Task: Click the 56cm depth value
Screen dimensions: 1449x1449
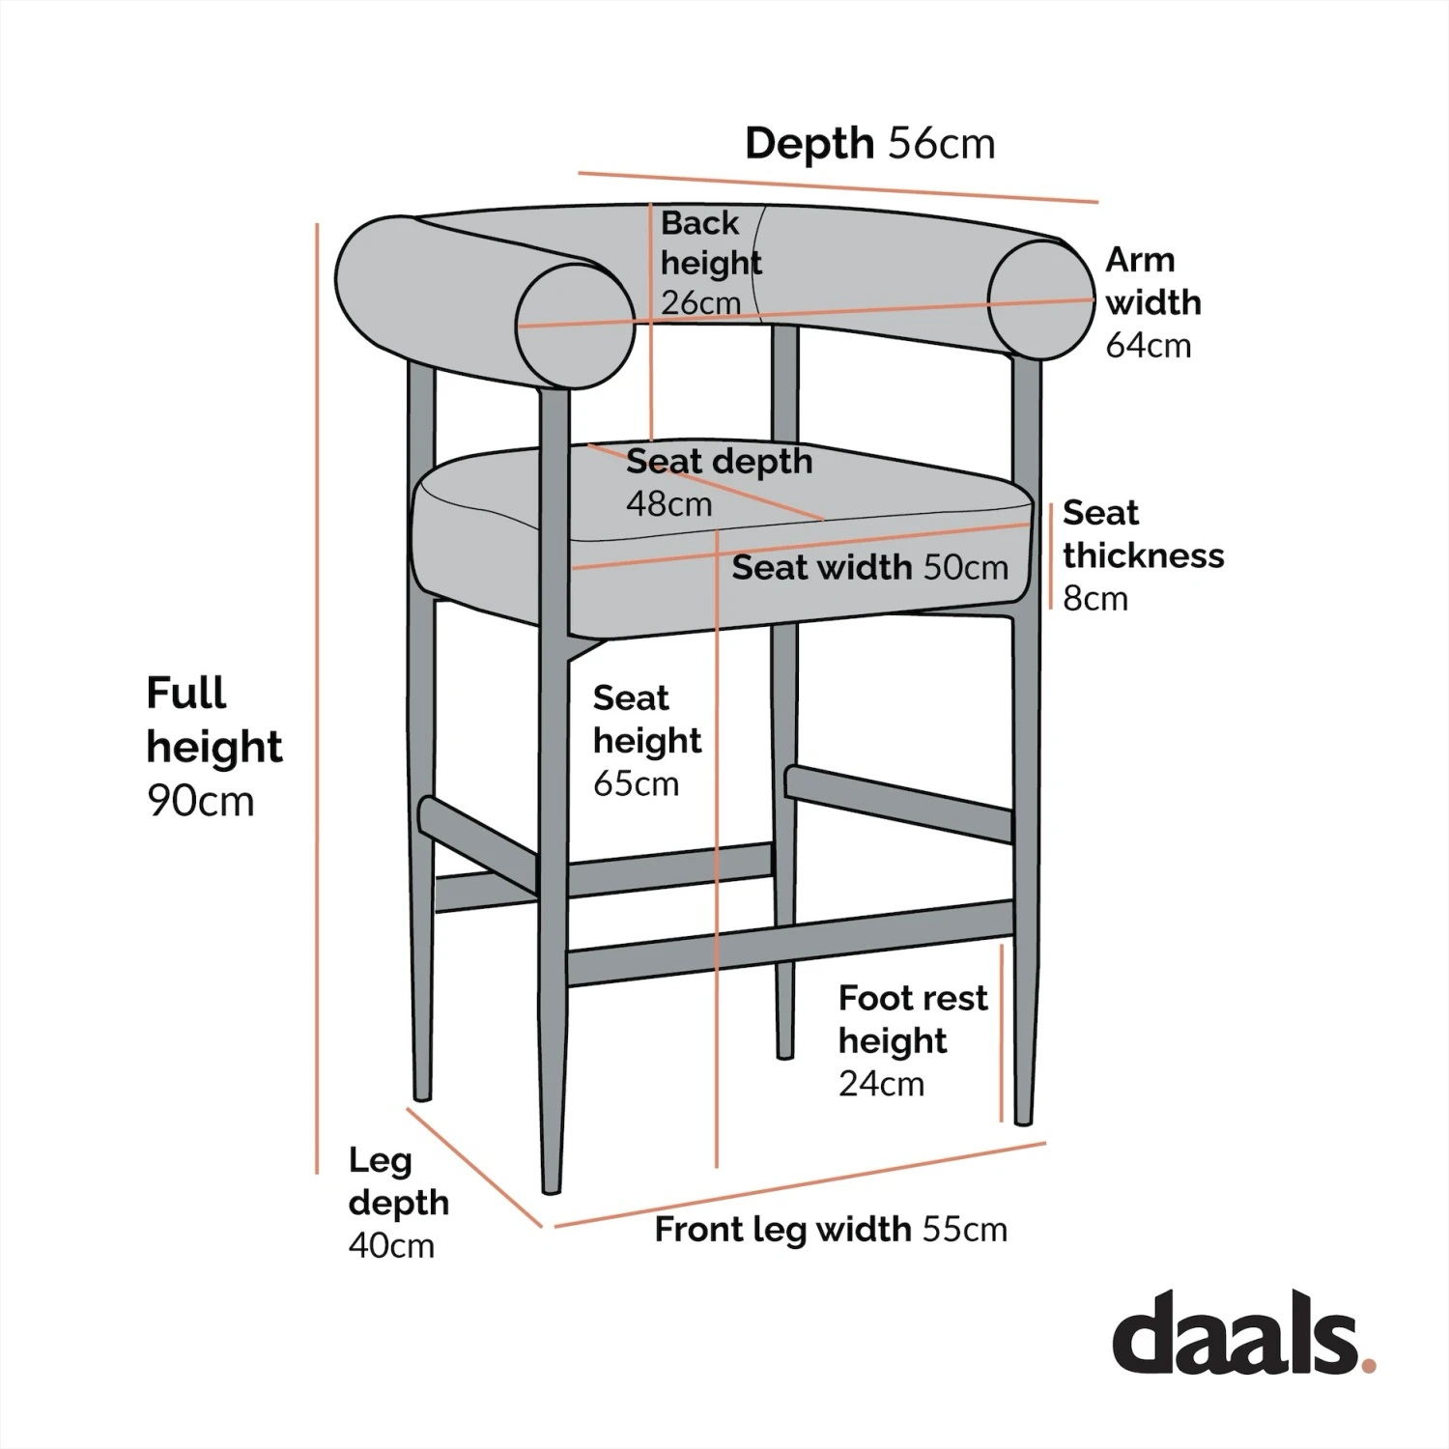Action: click(x=942, y=143)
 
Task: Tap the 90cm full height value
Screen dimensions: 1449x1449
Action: click(x=201, y=801)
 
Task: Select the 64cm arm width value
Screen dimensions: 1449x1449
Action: click(x=1148, y=345)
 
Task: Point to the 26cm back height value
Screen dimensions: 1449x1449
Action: click(x=700, y=302)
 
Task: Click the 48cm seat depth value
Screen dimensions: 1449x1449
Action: click(x=668, y=503)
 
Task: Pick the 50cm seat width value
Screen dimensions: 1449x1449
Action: click(x=965, y=567)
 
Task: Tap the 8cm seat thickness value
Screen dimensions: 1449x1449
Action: click(x=1094, y=599)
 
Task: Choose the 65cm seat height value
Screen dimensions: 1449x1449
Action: click(x=636, y=782)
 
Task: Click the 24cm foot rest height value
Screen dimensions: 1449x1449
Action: click(x=881, y=1084)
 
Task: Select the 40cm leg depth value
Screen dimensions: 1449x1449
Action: click(x=391, y=1245)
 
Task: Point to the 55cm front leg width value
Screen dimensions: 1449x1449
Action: click(x=964, y=1229)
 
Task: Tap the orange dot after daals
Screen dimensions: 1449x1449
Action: click(x=1368, y=1365)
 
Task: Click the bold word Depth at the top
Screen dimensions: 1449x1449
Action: click(x=810, y=143)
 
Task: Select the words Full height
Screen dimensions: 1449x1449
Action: click(x=213, y=720)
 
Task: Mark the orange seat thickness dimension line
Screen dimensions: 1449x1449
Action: click(x=1051, y=556)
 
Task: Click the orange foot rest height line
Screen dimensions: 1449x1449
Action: click(x=1002, y=1034)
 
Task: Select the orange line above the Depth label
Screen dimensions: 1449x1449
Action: click(x=838, y=187)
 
